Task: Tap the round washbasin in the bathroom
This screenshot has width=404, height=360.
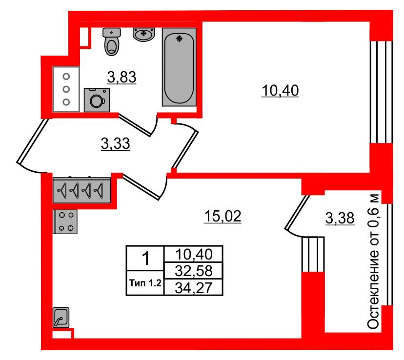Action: tap(144, 34)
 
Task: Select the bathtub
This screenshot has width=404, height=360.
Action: tap(179, 67)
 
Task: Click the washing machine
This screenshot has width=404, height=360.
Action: tap(97, 100)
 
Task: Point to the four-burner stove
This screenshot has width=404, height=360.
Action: tap(65, 222)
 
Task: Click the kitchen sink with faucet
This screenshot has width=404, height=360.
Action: tap(61, 318)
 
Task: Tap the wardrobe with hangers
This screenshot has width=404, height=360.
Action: tap(81, 190)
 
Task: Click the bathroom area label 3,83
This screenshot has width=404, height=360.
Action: tap(121, 77)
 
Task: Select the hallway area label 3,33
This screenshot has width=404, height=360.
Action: tap(116, 144)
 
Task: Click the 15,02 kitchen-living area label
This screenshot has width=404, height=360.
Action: tap(222, 216)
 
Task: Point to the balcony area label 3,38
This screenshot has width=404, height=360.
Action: tap(340, 219)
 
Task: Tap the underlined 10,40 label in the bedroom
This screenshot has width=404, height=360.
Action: tap(280, 91)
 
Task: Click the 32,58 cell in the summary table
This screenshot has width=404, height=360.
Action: tap(194, 271)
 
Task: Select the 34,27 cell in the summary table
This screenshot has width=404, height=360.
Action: tap(194, 287)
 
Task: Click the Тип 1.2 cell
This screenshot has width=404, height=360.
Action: tap(145, 283)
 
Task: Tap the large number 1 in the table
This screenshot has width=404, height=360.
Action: tap(146, 258)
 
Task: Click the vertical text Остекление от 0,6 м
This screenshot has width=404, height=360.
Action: tap(373, 260)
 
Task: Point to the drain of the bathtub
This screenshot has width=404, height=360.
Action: tap(180, 39)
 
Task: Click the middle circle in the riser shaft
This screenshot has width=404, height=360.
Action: tap(66, 89)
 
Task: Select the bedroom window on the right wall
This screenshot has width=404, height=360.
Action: tap(382, 92)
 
